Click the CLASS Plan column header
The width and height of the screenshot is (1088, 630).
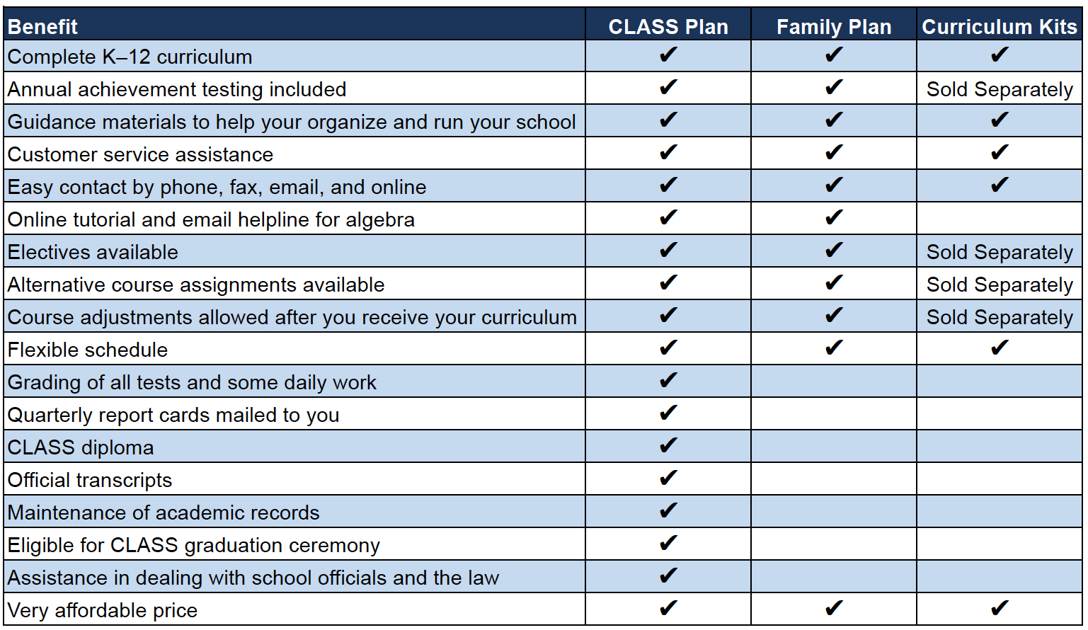[x=668, y=27]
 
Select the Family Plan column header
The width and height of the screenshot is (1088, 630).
[x=833, y=27]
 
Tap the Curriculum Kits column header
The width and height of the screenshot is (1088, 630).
[x=999, y=27]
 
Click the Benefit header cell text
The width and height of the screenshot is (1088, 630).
[x=42, y=27]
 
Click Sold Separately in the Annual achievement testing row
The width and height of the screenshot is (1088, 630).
[x=1000, y=89]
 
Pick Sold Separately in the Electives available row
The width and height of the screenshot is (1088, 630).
[x=1000, y=252]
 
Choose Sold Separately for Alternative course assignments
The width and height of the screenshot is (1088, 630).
[x=1000, y=285]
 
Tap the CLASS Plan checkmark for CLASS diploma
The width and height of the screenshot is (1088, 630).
[x=668, y=445]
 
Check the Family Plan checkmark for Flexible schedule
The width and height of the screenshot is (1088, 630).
[x=834, y=348]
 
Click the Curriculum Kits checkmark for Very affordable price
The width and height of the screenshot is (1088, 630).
[x=1000, y=608]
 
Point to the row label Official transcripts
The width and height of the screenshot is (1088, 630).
[x=90, y=480]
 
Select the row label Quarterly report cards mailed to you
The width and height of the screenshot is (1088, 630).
[x=173, y=415]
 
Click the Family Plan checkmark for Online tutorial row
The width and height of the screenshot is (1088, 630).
[x=834, y=217]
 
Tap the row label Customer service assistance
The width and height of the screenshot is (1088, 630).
[x=140, y=154]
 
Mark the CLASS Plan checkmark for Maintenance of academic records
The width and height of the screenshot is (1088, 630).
[x=668, y=510]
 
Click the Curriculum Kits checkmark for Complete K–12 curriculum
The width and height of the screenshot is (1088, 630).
[x=1000, y=55]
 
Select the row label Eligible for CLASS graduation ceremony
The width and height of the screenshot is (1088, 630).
[x=194, y=545]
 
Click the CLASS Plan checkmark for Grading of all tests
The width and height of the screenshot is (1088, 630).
[x=668, y=380]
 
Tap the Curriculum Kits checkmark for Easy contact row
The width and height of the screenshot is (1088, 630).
[x=1000, y=185]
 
